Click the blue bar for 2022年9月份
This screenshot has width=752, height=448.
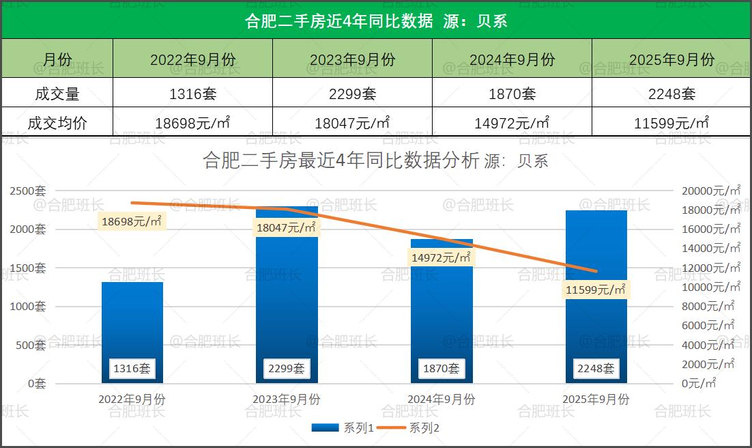[x=132, y=321]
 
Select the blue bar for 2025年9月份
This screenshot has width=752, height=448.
[x=596, y=321]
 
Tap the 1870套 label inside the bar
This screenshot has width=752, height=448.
[x=442, y=369]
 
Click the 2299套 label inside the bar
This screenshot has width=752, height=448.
[x=287, y=369]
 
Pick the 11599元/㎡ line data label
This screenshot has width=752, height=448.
[x=596, y=290]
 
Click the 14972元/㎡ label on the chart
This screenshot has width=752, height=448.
[x=442, y=257]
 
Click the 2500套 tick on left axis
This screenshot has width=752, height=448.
[x=28, y=191]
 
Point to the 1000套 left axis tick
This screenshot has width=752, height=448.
[x=28, y=307]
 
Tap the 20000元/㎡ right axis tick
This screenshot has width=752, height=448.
[x=710, y=191]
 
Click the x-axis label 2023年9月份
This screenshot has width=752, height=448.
[x=287, y=400]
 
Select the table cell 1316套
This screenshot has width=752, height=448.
[x=192, y=94]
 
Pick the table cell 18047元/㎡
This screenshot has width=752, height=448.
[x=352, y=123]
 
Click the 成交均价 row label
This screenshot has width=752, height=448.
[x=57, y=123]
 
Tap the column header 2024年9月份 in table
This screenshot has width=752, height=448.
[x=512, y=59]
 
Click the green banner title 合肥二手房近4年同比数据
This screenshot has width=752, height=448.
[x=338, y=20]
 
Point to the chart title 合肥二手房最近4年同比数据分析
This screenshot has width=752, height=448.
[x=341, y=160]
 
